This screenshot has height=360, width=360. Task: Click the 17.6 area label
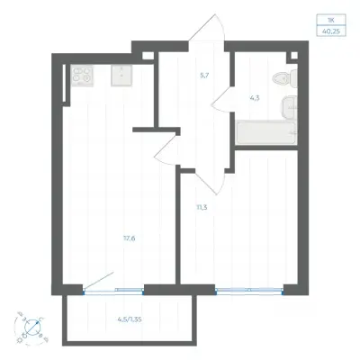coord(130,238)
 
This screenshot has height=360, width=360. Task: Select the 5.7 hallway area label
coord(204,76)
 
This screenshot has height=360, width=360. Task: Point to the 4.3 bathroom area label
coord(255,98)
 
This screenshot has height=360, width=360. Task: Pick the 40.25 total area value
coord(331,31)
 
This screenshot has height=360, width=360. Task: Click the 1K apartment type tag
coord(331,19)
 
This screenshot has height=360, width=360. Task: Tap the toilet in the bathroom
coord(285,78)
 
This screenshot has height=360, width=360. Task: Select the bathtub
coord(266,132)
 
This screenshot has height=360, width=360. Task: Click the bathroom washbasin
coord(289,107)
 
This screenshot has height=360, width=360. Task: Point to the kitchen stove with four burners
coord(82,76)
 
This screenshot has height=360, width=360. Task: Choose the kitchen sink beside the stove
coord(121,76)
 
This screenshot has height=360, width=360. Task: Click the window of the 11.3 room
coord(249,290)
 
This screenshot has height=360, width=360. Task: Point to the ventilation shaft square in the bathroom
coord(294,55)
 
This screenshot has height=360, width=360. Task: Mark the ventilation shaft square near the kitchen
coord(147,56)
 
